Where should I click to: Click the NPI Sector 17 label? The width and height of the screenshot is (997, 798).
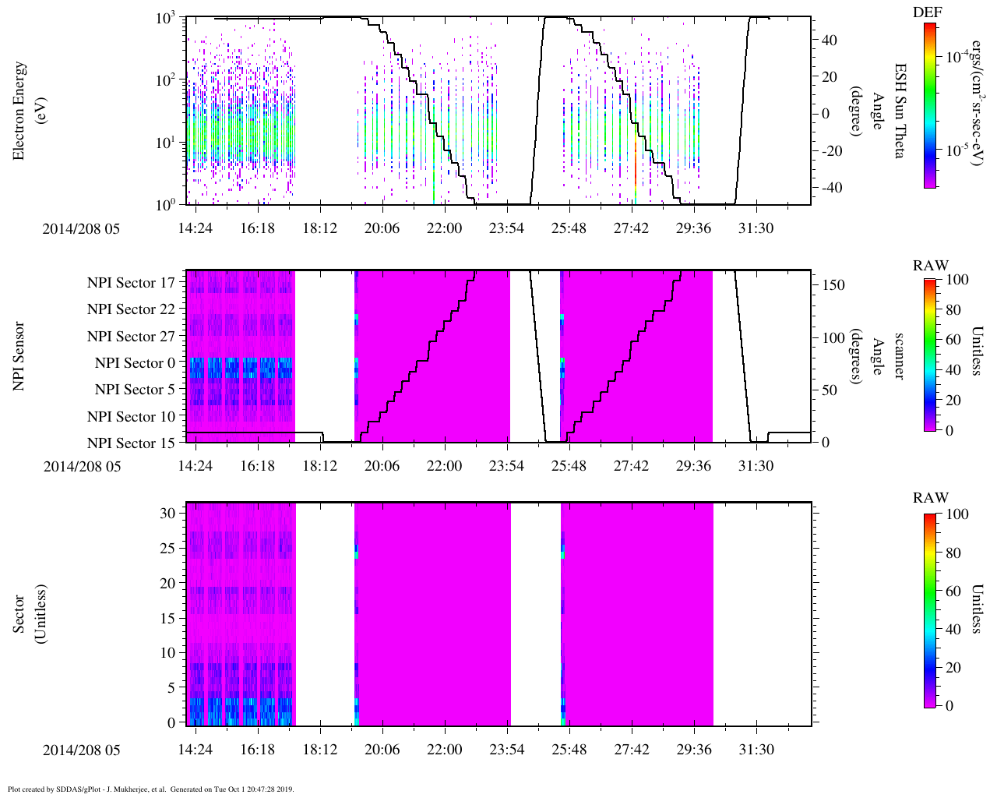pyautogui.click(x=131, y=283)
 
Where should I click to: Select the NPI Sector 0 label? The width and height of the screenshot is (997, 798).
pyautogui.click(x=135, y=363)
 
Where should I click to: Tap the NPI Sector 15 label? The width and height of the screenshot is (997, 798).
pyautogui.click(x=131, y=443)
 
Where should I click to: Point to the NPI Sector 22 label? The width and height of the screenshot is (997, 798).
pyautogui.click(x=131, y=309)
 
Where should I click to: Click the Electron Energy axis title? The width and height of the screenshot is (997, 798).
pyautogui.click(x=27, y=111)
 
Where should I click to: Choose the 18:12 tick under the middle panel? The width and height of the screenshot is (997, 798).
pyautogui.click(x=319, y=466)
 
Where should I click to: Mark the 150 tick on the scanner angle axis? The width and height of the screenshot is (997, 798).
pyautogui.click(x=834, y=285)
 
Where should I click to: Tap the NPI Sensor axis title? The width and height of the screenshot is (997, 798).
pyautogui.click(x=19, y=356)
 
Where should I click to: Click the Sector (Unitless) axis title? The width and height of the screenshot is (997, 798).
pyautogui.click(x=27, y=613)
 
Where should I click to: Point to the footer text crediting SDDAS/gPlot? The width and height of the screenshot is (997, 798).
pyautogui.click(x=150, y=789)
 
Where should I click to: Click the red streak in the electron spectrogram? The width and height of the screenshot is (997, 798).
pyautogui.click(x=636, y=156)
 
